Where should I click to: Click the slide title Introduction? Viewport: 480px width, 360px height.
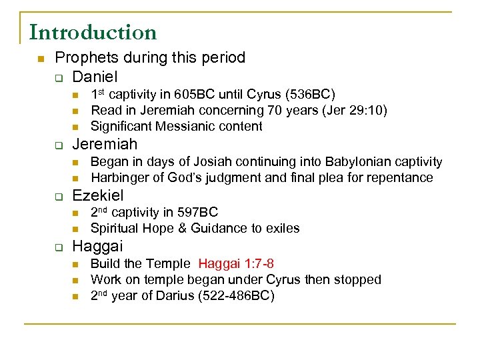click(93, 32)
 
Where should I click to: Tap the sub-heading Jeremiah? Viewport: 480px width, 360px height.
click(105, 144)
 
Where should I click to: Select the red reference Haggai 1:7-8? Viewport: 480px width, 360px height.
click(236, 264)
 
